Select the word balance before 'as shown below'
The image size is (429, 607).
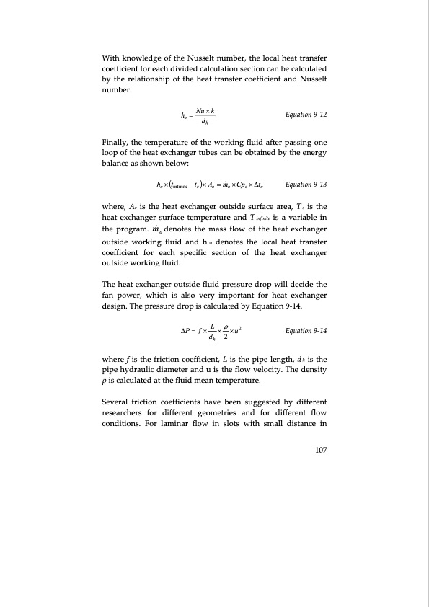(x=118, y=165)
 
